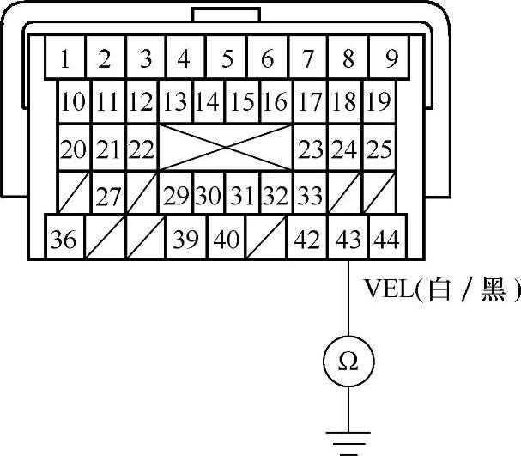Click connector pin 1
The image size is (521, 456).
(x=65, y=58)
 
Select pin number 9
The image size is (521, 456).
(x=391, y=58)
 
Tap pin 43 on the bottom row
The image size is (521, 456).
(x=348, y=239)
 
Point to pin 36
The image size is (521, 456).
(x=63, y=239)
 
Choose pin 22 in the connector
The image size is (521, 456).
(x=141, y=149)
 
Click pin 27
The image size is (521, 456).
(x=108, y=195)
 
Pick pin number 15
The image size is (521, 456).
(x=243, y=102)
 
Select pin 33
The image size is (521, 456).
(x=310, y=195)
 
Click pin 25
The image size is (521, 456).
(x=379, y=149)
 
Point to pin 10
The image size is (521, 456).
(x=75, y=102)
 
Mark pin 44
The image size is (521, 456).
(x=387, y=239)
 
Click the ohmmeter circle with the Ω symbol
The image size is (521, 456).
(x=348, y=362)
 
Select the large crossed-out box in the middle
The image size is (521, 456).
(x=227, y=149)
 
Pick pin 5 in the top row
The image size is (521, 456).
(x=227, y=58)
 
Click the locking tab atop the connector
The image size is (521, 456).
(x=227, y=15)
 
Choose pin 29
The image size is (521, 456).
(x=177, y=195)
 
